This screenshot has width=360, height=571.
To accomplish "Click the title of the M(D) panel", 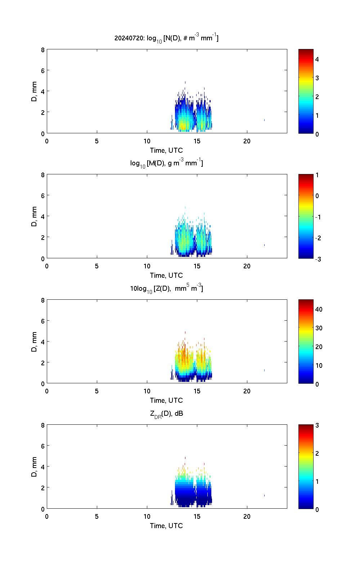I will (166, 163).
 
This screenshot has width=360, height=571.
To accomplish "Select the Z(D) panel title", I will (166, 288).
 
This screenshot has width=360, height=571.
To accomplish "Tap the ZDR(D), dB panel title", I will (166, 414).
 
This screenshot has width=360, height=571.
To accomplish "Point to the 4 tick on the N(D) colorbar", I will (317, 59).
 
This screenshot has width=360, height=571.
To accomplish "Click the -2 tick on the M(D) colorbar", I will (317, 238).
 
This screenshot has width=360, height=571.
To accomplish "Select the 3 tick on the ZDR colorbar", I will (317, 425).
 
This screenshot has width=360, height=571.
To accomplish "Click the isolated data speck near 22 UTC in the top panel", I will (264, 120).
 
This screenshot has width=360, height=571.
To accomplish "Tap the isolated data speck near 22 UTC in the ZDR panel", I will (264, 495).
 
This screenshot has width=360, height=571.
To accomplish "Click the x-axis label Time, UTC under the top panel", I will (166, 150).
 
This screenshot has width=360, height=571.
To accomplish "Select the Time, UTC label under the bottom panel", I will (166, 526).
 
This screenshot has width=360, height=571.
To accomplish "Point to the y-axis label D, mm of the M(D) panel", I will (35, 216).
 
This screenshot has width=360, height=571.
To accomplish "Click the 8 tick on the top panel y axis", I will (43, 50).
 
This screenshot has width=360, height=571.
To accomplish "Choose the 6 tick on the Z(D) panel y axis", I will (43, 321).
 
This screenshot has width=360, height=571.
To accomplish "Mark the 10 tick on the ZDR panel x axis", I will (147, 516).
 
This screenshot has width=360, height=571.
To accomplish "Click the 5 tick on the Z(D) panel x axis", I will (97, 391).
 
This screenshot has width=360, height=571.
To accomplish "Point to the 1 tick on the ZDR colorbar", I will (317, 481).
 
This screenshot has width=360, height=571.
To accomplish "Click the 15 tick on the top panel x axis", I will (197, 141).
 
